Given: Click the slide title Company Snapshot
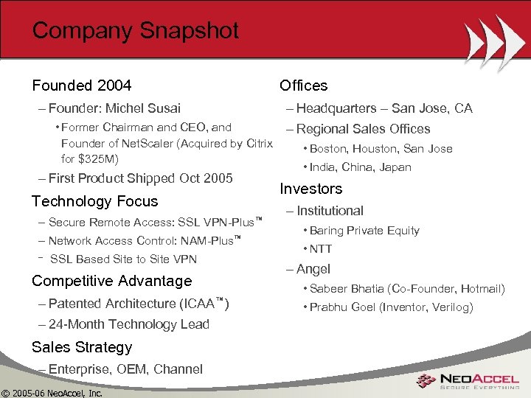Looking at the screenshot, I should [x=136, y=31].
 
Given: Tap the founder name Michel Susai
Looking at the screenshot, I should [x=146, y=108].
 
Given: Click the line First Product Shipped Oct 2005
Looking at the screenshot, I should [x=140, y=178].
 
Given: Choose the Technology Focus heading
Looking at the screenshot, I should [x=94, y=201].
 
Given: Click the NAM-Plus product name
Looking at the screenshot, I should [x=208, y=241].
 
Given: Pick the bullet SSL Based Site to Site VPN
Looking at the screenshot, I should [x=123, y=259].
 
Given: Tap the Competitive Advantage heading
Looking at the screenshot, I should [x=111, y=281].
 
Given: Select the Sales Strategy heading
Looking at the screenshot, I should [x=82, y=347].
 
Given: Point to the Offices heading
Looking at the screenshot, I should [x=303, y=85].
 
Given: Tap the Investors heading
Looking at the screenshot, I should [x=310, y=189].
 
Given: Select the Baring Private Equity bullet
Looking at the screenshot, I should [x=364, y=231].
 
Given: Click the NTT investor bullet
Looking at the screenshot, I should [x=321, y=249].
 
